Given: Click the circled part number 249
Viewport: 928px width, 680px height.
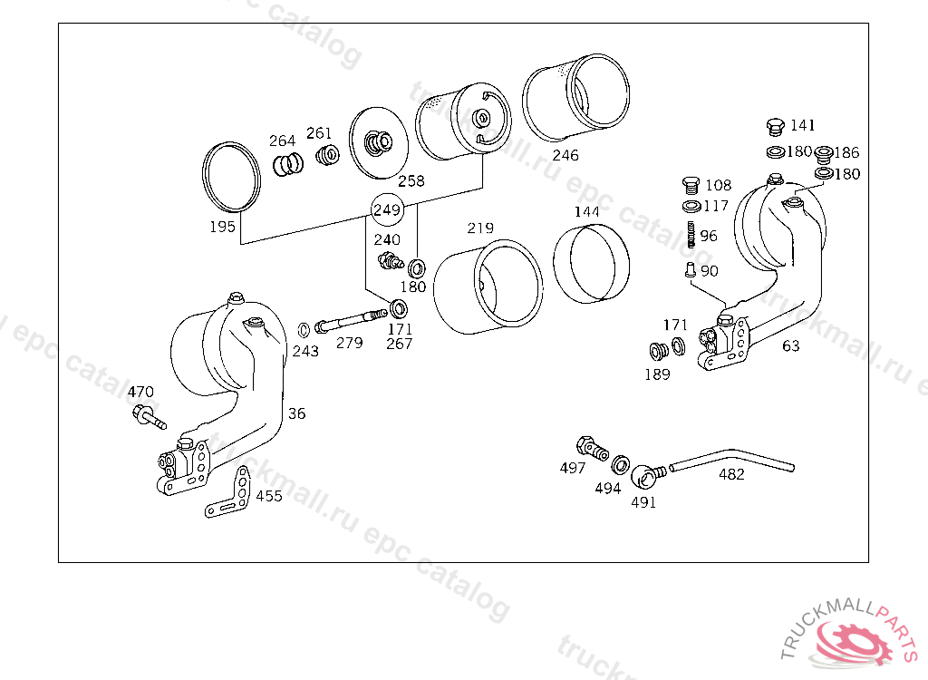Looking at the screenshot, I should (387, 210).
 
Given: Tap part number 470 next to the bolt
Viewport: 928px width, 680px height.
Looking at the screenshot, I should (140, 393).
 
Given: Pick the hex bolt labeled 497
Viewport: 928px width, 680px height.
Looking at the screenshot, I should (587, 447).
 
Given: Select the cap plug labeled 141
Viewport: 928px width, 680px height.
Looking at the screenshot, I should (774, 126).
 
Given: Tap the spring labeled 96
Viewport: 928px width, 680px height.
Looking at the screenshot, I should (691, 235).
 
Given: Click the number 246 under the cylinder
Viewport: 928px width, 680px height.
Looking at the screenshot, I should (565, 155).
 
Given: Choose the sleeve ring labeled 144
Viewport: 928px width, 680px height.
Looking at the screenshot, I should (593, 264).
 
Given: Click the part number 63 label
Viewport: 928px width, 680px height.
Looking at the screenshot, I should (791, 345).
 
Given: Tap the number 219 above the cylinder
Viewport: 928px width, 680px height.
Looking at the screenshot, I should (480, 228).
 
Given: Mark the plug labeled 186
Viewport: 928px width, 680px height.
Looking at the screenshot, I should (825, 153).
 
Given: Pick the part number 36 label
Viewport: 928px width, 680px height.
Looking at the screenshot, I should (297, 413).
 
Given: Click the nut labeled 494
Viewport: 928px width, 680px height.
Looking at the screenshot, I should (621, 465).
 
